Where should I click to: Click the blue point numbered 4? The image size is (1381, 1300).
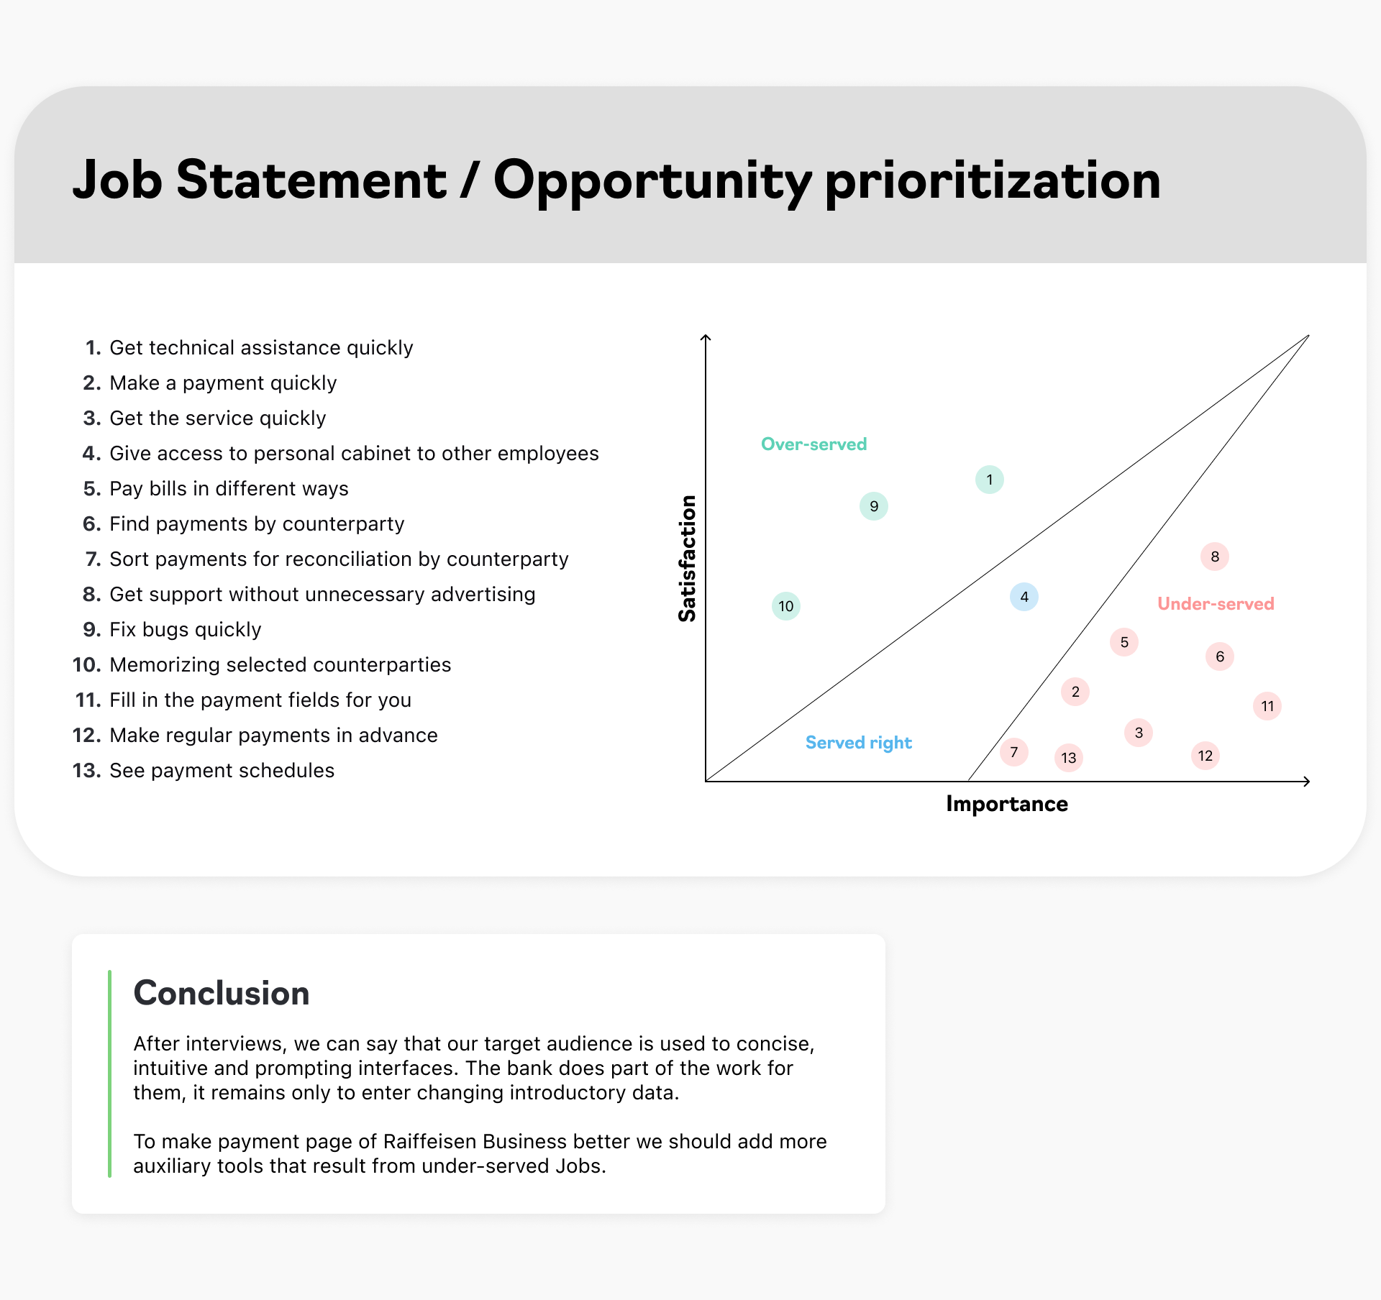1024,597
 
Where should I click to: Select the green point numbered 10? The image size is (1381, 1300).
785,606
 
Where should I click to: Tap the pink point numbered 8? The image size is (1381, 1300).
1214,557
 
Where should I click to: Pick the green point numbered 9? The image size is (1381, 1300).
873,506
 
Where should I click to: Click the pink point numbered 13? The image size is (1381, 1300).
1068,758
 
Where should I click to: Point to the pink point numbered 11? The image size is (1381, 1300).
1267,706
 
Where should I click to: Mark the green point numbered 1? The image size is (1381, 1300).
989,480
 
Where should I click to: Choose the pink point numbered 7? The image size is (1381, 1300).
1013,752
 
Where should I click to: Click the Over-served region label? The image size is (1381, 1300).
813,444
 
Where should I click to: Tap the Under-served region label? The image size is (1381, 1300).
1216,604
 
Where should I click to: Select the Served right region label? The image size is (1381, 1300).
858,743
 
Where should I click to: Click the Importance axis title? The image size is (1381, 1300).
1006,804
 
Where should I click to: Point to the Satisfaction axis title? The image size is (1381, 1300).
687,559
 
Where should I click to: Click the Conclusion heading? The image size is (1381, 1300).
222,993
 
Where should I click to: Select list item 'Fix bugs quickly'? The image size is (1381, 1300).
185,630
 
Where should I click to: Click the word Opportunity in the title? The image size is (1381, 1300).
652,182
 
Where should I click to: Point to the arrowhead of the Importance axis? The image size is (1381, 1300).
1308,782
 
